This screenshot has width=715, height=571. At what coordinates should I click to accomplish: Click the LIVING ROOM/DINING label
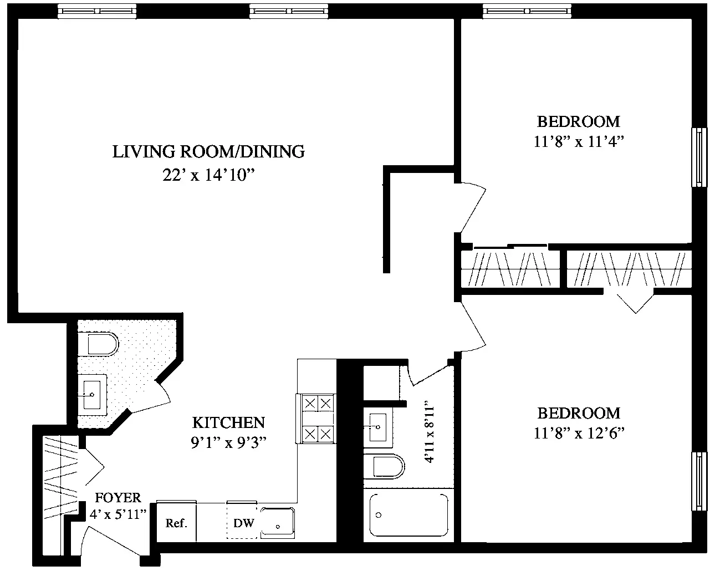tap(208, 151)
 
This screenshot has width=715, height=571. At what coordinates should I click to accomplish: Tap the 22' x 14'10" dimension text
tap(208, 175)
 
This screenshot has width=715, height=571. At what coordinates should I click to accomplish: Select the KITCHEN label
tap(228, 422)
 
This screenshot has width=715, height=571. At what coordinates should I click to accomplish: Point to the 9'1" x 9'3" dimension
tap(228, 442)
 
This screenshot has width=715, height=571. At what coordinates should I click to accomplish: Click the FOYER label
tap(118, 498)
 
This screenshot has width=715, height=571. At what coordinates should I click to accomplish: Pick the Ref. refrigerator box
tap(176, 522)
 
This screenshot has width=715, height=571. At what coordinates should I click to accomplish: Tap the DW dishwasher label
tap(243, 523)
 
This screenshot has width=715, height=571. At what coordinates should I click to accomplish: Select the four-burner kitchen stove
tap(317, 419)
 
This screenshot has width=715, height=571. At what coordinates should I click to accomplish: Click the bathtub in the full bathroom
tap(408, 515)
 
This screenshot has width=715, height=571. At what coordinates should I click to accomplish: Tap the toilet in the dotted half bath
tap(98, 344)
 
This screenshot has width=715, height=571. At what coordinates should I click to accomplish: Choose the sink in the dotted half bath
tap(93, 395)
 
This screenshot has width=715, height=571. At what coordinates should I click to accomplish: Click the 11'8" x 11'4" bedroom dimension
tap(579, 141)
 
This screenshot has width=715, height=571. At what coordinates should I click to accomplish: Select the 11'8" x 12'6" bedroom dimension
tap(579, 433)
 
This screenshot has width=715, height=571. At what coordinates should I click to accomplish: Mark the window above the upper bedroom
tap(527, 11)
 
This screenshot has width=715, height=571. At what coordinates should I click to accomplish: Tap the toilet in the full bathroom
tap(384, 466)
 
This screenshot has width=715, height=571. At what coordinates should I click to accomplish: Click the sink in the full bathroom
tap(378, 427)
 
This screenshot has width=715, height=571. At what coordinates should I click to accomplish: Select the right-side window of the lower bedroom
tap(699, 481)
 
